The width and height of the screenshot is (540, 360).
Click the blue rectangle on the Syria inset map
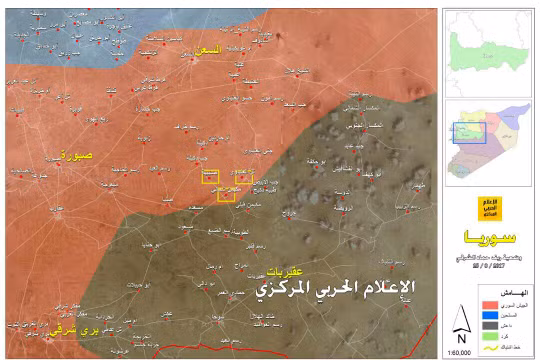point(469,131)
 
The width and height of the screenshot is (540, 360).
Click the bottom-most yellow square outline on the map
point(227,195)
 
